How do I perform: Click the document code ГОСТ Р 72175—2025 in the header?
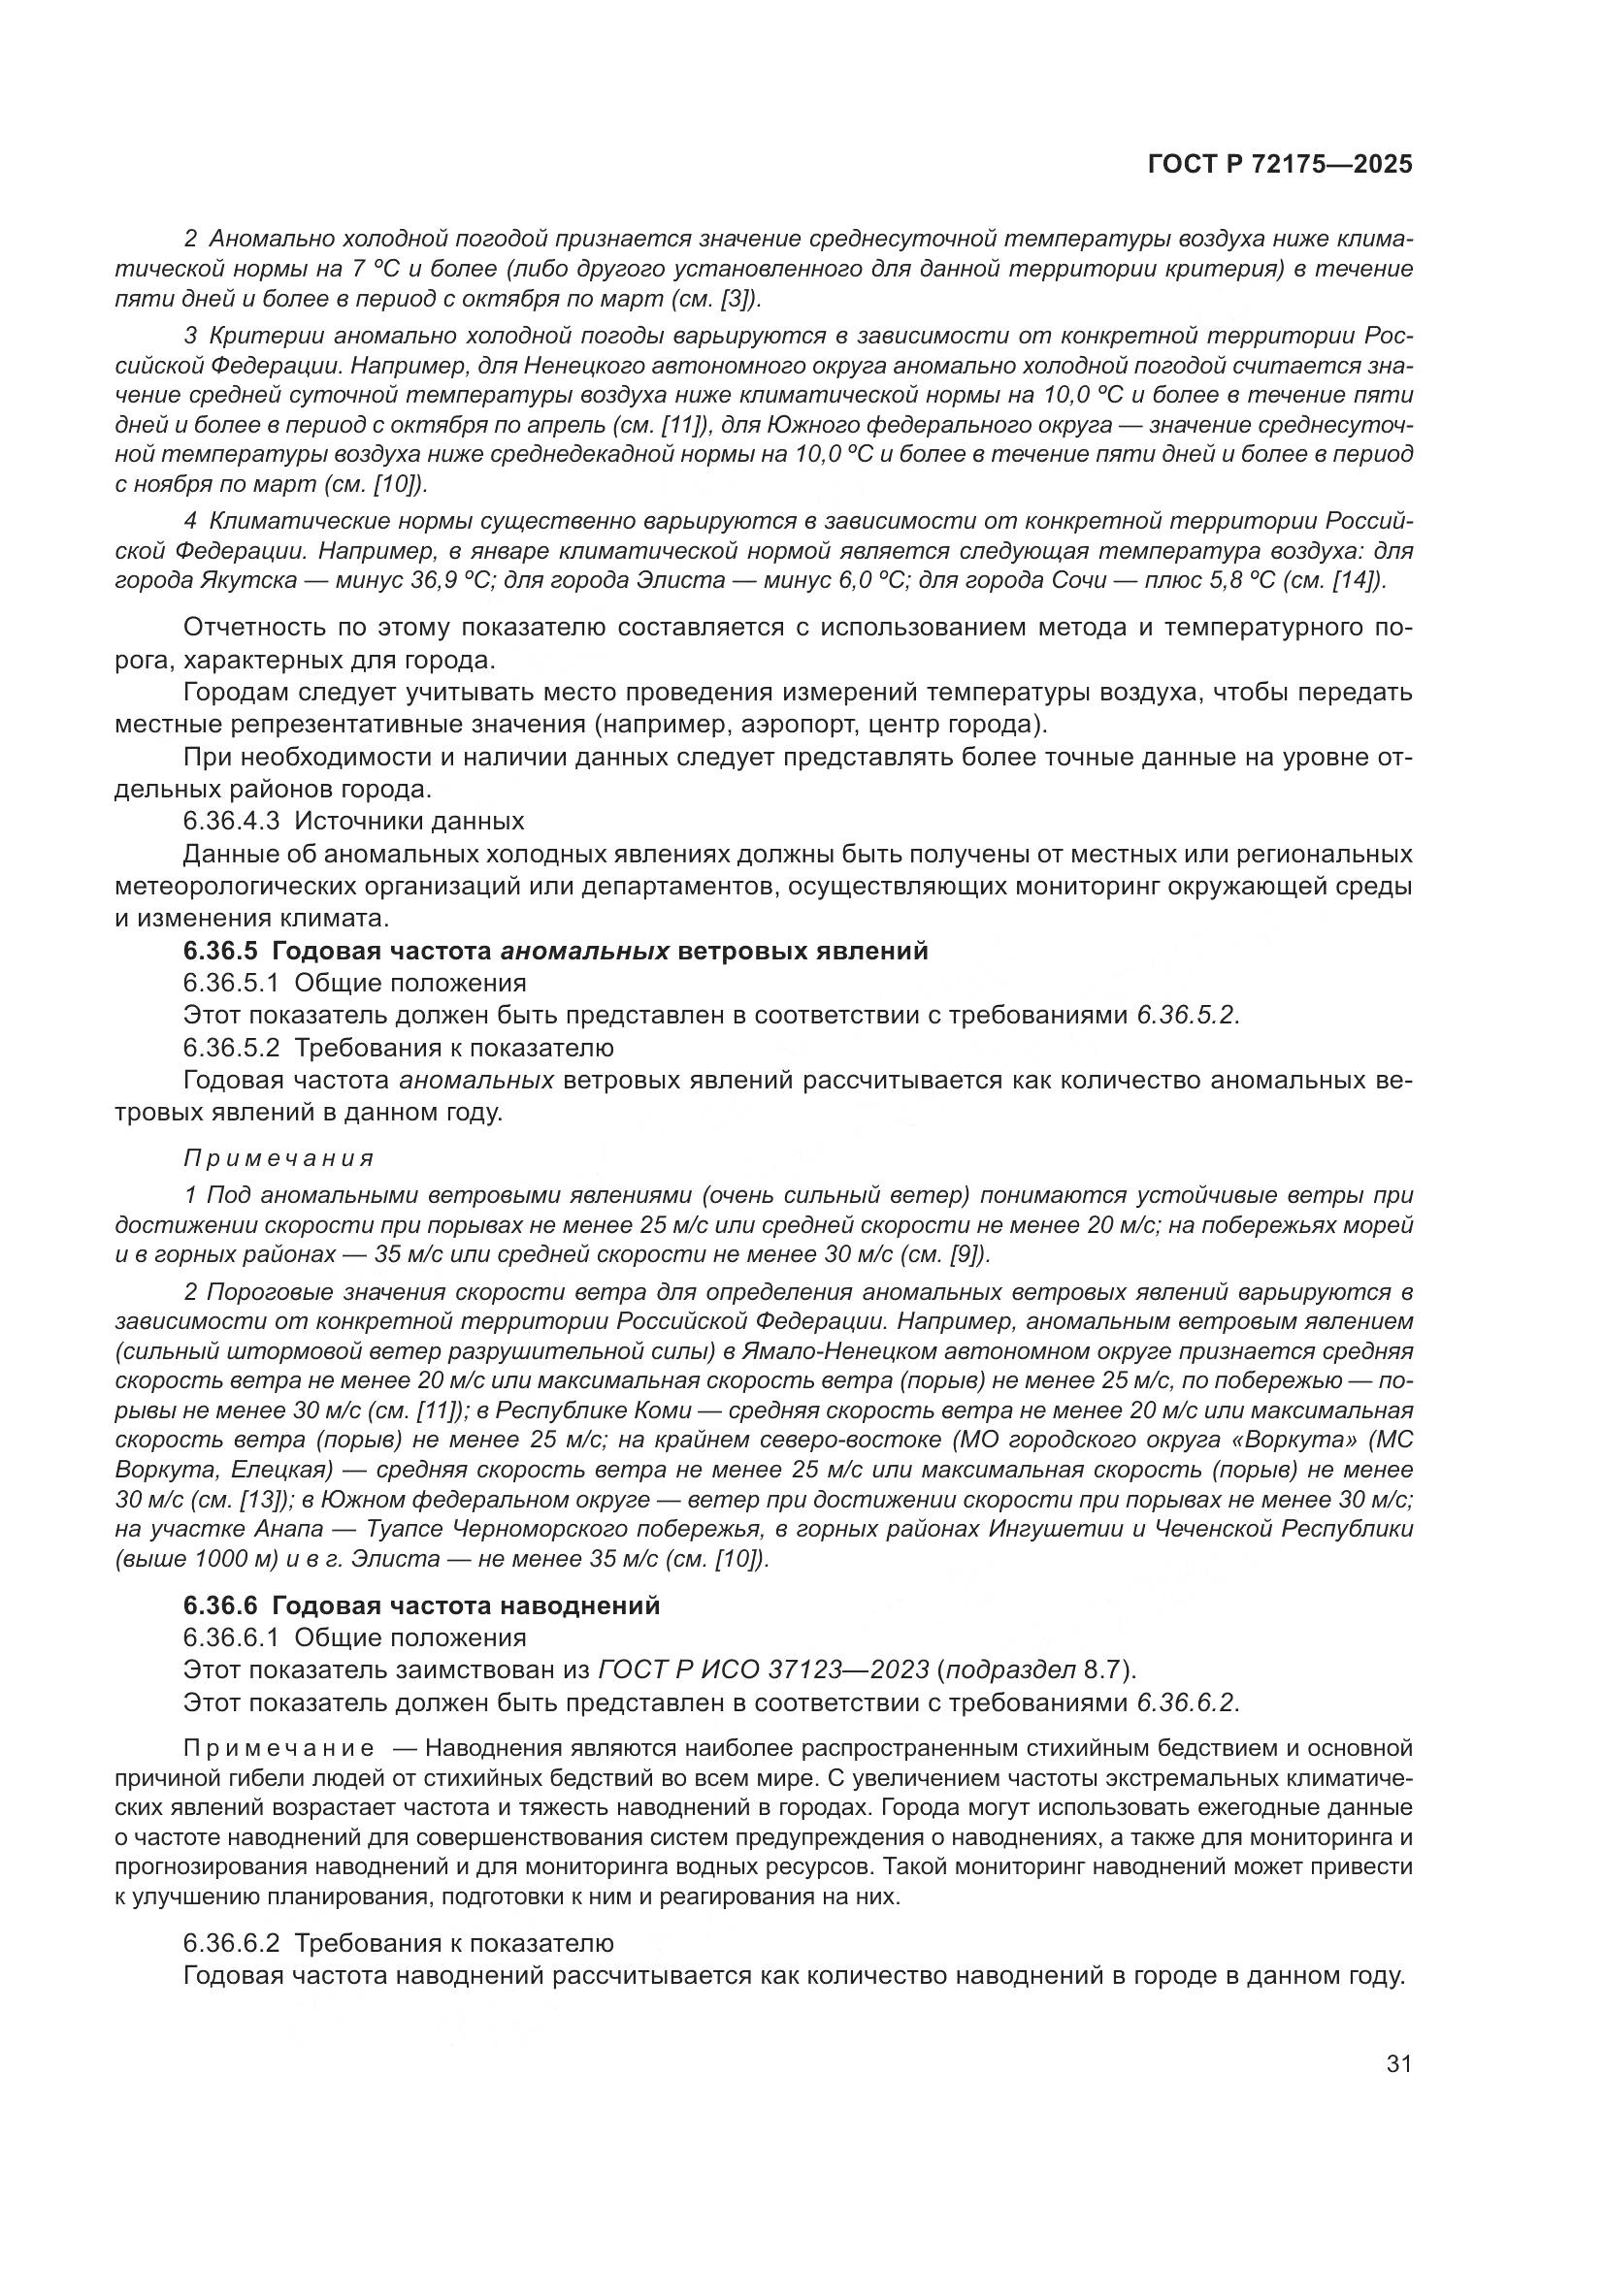click(1279, 165)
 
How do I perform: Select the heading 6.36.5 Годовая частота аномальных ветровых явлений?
click(555, 951)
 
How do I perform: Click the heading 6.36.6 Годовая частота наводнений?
click(421, 1605)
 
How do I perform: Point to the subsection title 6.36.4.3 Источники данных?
click(353, 821)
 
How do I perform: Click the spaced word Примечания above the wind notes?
click(278, 1157)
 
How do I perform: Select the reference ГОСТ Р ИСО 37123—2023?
click(764, 1669)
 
